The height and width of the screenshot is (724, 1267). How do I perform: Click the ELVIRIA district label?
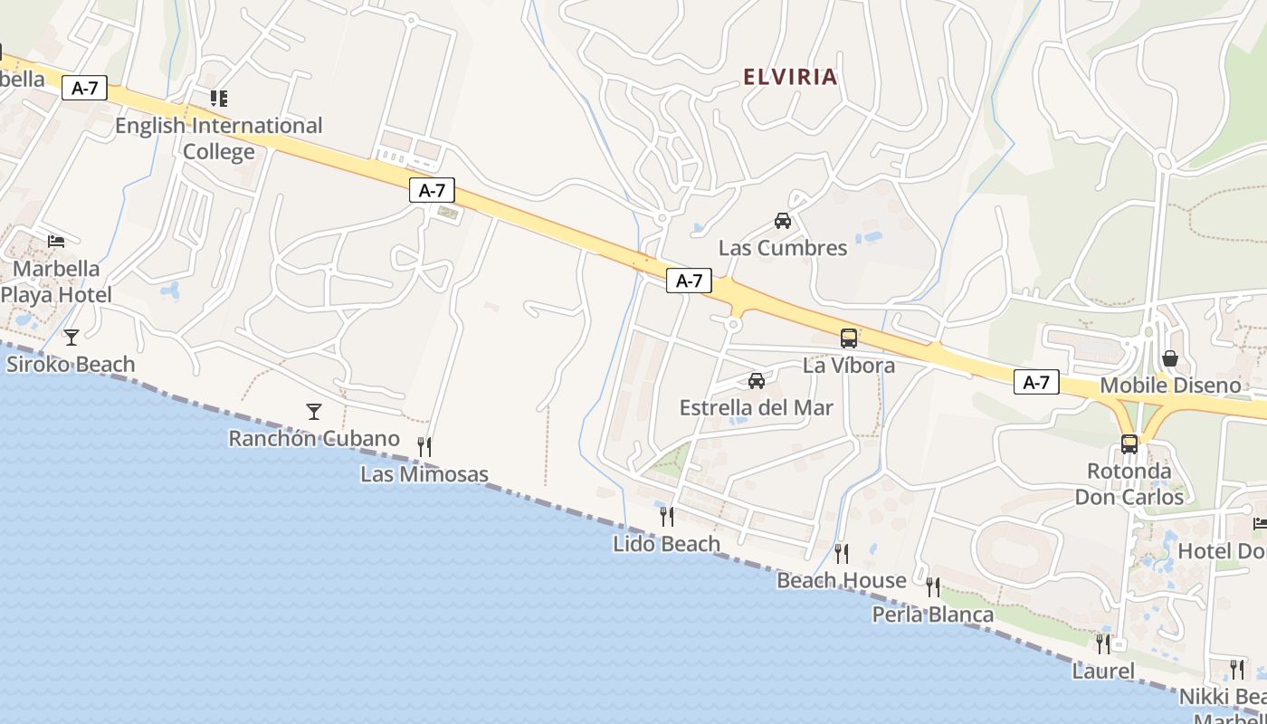(x=790, y=77)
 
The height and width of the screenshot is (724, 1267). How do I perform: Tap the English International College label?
(x=218, y=138)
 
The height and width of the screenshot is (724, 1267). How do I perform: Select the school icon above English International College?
(x=218, y=98)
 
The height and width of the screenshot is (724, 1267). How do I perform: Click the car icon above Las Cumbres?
(x=783, y=220)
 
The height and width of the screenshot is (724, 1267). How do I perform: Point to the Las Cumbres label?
(x=783, y=248)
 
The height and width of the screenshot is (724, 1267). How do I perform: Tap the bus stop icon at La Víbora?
(x=849, y=338)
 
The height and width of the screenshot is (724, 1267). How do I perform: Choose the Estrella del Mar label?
(x=756, y=407)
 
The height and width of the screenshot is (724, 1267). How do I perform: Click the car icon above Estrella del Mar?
(x=757, y=381)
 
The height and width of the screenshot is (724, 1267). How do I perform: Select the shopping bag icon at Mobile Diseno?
(x=1170, y=359)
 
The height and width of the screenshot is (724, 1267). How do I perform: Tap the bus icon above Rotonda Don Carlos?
(x=1129, y=444)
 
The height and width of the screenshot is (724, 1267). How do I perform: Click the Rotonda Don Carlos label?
(x=1129, y=484)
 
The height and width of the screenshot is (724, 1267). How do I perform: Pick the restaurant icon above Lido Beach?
(x=667, y=517)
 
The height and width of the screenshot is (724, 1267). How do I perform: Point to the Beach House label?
(x=842, y=580)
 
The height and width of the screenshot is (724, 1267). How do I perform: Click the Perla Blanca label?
(x=932, y=614)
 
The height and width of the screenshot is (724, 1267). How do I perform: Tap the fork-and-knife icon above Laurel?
(x=1103, y=643)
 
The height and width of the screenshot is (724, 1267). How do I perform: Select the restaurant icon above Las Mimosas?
(x=424, y=446)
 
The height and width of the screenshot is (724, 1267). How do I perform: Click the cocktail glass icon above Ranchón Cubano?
(x=314, y=412)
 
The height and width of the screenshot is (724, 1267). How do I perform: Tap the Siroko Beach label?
(x=71, y=365)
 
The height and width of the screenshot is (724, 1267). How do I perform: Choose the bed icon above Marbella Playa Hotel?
(x=56, y=242)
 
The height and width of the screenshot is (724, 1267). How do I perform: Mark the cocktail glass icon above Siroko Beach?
(x=71, y=338)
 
